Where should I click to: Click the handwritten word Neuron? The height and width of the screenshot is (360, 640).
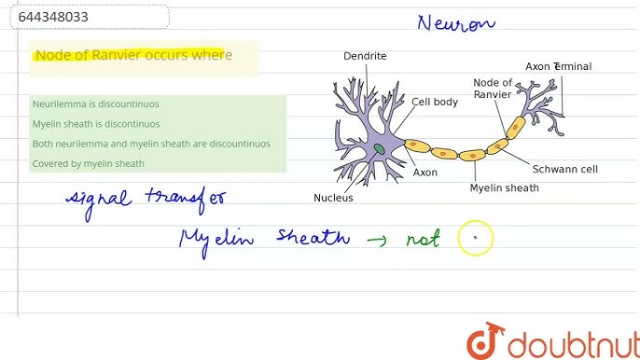coord(457,23)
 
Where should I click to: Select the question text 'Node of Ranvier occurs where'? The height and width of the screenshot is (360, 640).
coord(132,55)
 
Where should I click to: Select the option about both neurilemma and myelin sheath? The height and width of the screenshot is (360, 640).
coord(151,144)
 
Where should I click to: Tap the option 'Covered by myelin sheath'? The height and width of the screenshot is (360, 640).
coord(88,163)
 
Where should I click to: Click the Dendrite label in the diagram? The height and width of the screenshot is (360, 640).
coord(365,56)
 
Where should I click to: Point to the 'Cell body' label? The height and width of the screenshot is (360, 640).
coord(435,102)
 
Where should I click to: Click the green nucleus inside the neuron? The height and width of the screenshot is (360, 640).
coord(380,149)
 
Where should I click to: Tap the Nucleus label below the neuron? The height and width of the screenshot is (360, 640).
coord(333,198)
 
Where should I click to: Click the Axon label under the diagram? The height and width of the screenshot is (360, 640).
coord(424,173)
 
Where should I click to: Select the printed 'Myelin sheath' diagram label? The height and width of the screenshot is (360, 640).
coord(504,187)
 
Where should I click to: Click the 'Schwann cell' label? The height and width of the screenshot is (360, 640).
coord(564,170)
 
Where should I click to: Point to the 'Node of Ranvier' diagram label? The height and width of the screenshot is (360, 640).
coord(493,88)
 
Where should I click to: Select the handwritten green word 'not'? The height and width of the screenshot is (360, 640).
coord(422,239)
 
